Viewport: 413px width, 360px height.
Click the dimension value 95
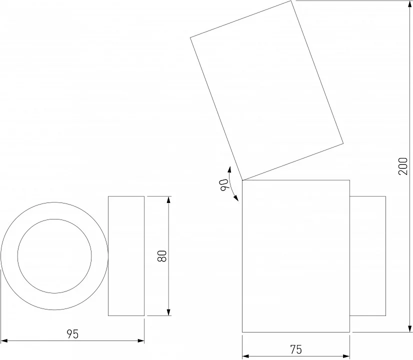point(72,334)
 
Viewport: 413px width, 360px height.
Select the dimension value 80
point(162,256)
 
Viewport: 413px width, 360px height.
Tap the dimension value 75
point(296,349)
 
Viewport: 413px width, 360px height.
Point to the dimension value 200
point(403,166)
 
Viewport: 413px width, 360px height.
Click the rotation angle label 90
point(224,184)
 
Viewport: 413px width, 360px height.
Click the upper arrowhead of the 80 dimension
point(168,199)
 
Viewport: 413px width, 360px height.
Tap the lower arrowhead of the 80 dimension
point(168,312)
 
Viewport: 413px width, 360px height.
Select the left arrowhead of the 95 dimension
point(4,341)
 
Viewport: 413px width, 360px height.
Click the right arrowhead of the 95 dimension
point(141,341)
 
